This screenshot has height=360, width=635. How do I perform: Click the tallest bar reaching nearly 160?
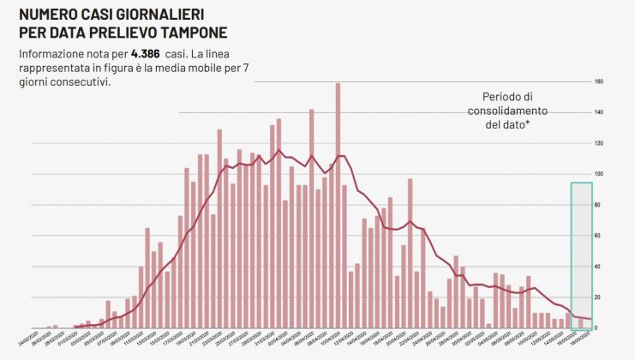coord(338,206)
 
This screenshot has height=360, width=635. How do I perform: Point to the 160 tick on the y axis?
coord(599,82)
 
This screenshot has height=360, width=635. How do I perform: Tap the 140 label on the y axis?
coord(599,113)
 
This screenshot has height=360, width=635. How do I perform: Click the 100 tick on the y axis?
coord(599,174)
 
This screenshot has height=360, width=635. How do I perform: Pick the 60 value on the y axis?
coord(599,236)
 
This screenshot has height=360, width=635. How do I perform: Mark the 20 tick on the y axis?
coord(599,297)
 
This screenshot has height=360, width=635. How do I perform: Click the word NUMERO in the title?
coord(50,15)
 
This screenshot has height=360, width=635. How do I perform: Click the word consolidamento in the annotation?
coord(507,111)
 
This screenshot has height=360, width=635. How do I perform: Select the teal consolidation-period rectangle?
coord(581,255)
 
